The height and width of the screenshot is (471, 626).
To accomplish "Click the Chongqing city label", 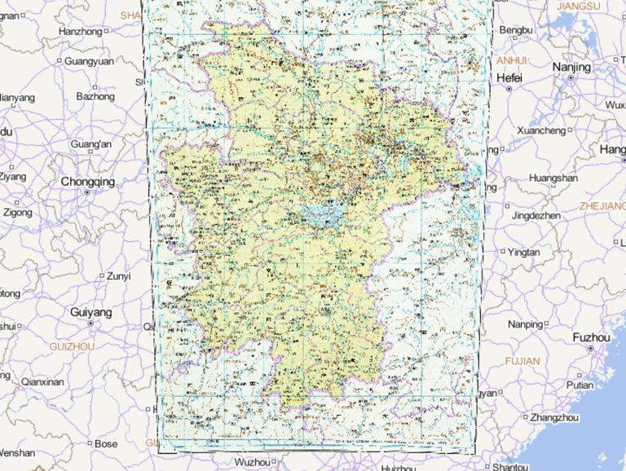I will tap(87, 182).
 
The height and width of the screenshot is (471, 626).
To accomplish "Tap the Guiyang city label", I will tap(90, 312).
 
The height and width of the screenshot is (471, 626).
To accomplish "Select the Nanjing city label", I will tap(571, 67).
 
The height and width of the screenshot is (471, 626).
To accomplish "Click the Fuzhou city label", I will tap(591, 337).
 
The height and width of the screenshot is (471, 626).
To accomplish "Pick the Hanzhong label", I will tap(81, 32).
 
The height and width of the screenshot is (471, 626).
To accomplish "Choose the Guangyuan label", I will tap(89, 61).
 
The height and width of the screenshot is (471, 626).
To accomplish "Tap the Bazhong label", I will tap(95, 96).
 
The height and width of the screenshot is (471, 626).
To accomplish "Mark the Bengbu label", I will tap(515, 30).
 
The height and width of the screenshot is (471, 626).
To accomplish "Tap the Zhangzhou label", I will tap(553, 417).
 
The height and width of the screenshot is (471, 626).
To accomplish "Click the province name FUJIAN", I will tap(522, 360).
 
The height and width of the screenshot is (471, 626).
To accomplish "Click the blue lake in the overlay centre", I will tap(324, 214).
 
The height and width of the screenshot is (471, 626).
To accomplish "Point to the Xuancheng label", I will tap(540, 130).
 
